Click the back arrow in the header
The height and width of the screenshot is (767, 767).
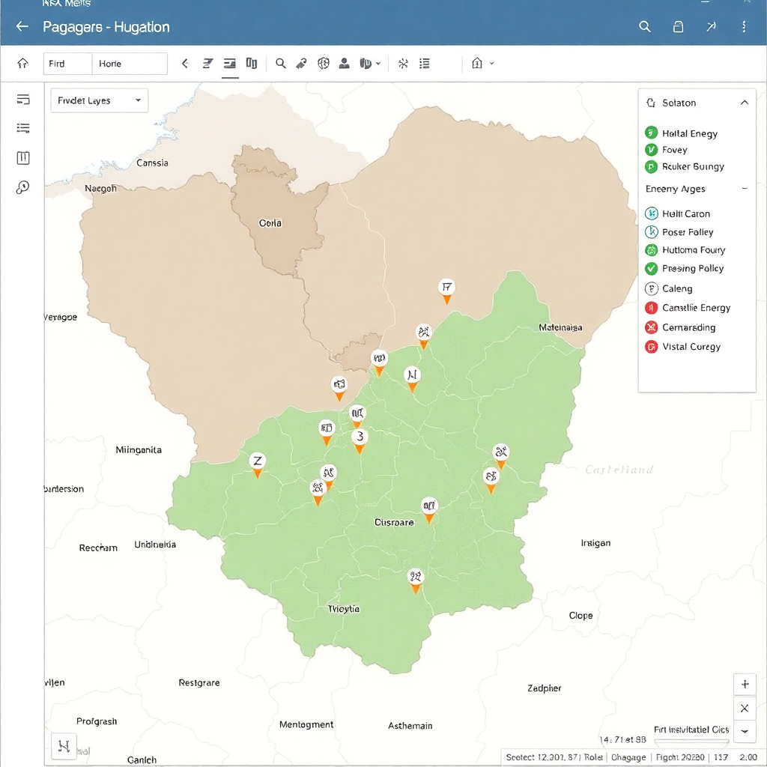point(22,27)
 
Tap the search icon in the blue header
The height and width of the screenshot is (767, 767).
point(644,27)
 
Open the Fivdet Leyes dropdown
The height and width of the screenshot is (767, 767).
point(99,100)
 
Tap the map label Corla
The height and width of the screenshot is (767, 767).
point(270,223)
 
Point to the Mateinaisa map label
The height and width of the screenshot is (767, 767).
point(560,327)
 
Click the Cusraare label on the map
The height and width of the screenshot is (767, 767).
point(393,523)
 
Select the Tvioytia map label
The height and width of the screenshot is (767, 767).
point(344,609)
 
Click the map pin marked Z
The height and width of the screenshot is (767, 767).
point(258,461)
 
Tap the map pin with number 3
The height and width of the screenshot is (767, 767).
point(360,437)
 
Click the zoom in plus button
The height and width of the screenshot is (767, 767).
point(745,685)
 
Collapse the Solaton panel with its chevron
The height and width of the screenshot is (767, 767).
point(744,103)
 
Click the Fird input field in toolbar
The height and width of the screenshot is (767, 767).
point(67,64)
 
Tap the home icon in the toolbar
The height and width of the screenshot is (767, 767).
point(23,64)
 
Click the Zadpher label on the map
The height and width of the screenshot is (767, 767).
point(544,688)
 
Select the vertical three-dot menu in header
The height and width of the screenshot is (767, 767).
point(744,27)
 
